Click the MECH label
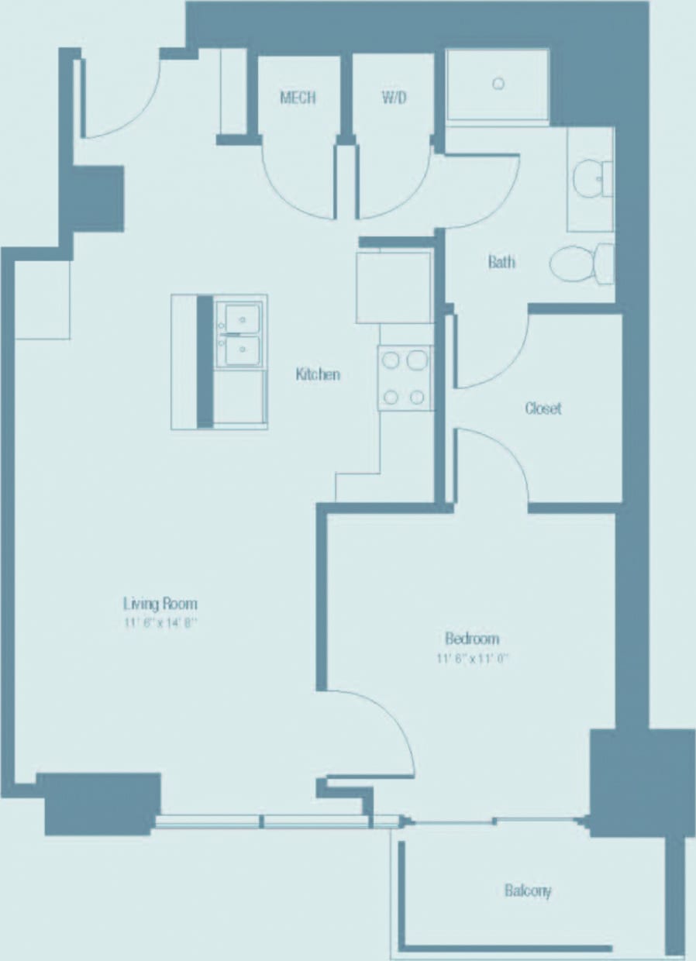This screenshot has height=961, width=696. [298, 98]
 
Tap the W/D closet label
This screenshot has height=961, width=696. [394, 98]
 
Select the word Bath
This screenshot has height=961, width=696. [501, 262]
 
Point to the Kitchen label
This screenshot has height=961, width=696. [318, 374]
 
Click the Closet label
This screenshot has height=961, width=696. [543, 408]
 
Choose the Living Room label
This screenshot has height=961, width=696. [160, 603]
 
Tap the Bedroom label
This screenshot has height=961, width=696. [471, 639]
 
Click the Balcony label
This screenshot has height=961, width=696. [528, 890]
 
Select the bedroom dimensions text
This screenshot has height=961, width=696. [473, 659]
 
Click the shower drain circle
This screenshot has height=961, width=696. [498, 84]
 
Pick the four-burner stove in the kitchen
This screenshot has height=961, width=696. [405, 378]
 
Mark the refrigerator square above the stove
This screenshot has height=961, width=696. [394, 288]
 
